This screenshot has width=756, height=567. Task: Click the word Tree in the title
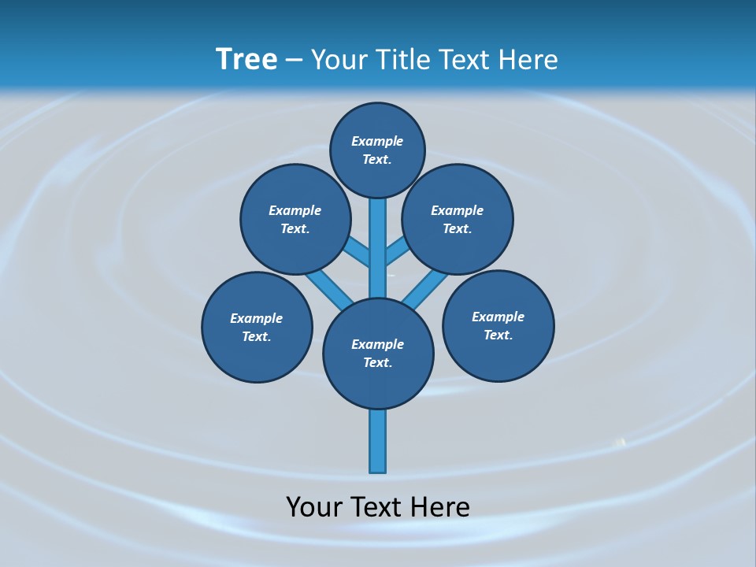pos(246,59)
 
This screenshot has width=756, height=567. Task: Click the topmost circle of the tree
pos(377,150)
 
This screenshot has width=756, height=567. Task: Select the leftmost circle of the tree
pos(257,327)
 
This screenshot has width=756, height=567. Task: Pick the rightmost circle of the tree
pos(498,325)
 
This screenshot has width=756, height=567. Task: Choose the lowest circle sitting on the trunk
pos(378,354)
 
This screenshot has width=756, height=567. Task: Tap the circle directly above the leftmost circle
pos(295,219)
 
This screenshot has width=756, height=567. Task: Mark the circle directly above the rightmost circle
pos(458,219)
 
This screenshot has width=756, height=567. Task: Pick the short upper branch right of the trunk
pos(398,252)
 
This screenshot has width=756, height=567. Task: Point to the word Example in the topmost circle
pos(377,141)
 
